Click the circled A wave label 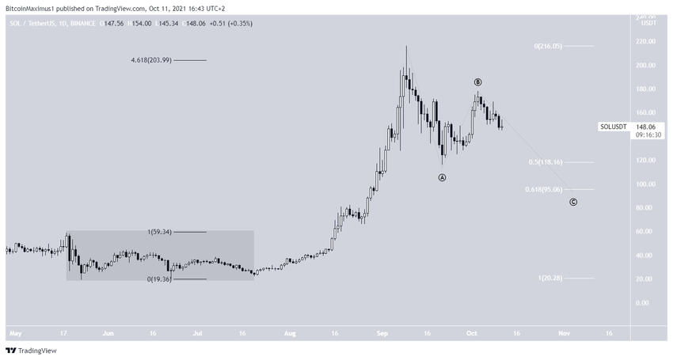pyautogui.click(x=443, y=178)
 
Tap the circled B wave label pyautogui.click(x=477, y=82)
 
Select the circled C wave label pyautogui.click(x=573, y=202)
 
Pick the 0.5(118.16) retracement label pyautogui.click(x=544, y=162)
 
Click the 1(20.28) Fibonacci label pyautogui.click(x=549, y=278)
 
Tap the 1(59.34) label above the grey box pyautogui.click(x=160, y=232)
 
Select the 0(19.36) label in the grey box pyautogui.click(x=160, y=279)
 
